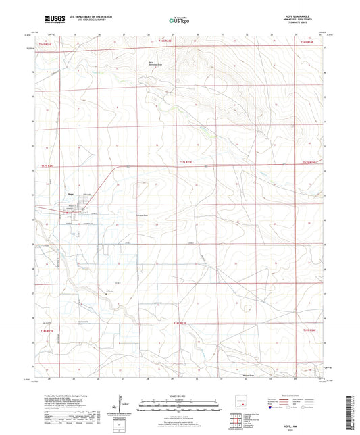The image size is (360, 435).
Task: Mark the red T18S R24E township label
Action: tap(309, 330)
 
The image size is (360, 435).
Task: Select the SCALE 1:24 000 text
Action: tap(180, 396)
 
